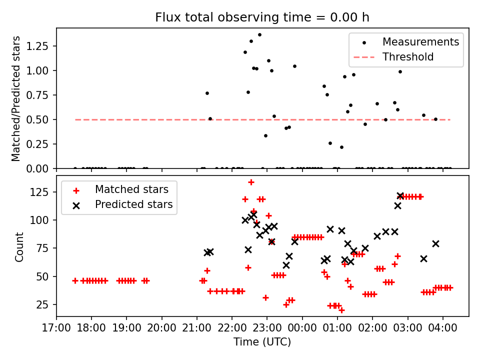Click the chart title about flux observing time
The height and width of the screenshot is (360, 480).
(x=262, y=17)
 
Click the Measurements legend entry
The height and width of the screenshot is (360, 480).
(x=420, y=42)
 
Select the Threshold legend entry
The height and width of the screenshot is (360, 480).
(x=408, y=57)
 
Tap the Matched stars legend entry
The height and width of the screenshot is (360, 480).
(x=131, y=189)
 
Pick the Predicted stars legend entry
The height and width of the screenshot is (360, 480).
(x=133, y=204)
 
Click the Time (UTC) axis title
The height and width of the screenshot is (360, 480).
(x=262, y=342)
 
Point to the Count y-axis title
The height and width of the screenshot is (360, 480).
(x=19, y=246)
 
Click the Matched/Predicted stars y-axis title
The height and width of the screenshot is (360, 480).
(x=16, y=98)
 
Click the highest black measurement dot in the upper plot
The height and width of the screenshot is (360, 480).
(x=259, y=34)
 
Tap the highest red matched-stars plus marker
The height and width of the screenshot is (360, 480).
(x=251, y=182)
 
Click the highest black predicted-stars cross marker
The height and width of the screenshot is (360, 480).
(x=400, y=195)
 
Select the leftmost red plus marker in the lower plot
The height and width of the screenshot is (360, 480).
(x=75, y=281)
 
